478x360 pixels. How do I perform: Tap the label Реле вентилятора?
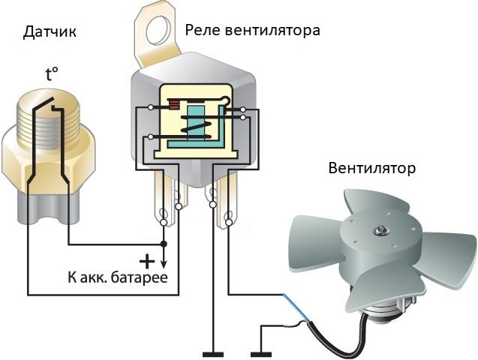pos(252,31)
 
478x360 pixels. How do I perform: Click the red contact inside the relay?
pos(175,105)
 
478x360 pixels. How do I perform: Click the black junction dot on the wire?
pos(165,244)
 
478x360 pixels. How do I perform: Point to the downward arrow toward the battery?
pos(165,265)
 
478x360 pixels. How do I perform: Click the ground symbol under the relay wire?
pos(214,352)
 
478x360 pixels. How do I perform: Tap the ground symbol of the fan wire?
pos(261,352)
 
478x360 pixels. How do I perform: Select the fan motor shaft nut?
pos(385,230)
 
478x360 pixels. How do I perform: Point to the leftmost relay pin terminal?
pos(163,202)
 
